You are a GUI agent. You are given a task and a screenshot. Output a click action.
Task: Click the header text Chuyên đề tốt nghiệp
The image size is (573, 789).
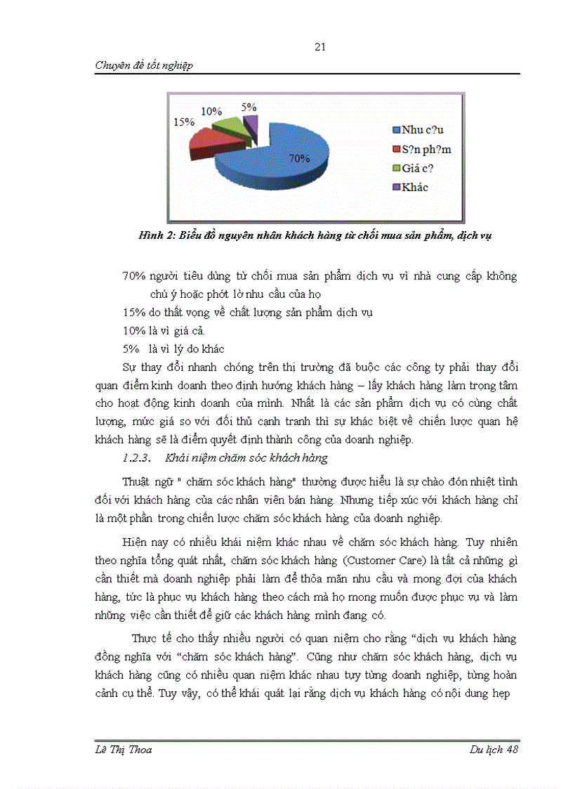[144, 65]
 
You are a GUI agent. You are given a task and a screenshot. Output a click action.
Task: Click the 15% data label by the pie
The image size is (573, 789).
[184, 122]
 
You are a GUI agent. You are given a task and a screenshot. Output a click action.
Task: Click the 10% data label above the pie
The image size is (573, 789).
[211, 111]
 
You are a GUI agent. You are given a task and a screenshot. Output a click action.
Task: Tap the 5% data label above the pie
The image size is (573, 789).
[249, 107]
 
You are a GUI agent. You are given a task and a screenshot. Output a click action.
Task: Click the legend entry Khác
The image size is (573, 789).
[414, 187]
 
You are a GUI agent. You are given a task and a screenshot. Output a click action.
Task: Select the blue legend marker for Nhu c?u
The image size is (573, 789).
[397, 130]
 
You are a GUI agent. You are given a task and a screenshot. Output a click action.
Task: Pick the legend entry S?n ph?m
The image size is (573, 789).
[426, 149]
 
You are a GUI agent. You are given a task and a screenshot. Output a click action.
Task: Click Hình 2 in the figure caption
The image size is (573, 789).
[157, 235]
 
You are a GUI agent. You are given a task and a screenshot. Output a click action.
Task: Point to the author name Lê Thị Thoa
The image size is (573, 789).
[124, 749]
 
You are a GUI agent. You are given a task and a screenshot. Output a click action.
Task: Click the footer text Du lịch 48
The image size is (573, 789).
[494, 749]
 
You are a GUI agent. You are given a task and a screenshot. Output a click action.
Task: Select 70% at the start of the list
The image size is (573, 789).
[134, 276]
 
